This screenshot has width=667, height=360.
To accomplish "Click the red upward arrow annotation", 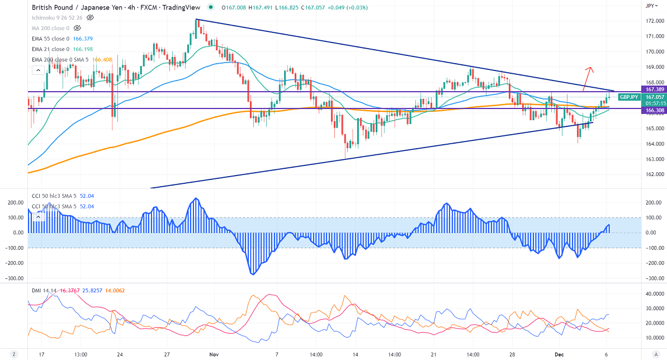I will (x=587, y=78).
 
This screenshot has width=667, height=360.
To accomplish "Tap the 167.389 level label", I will (x=654, y=89).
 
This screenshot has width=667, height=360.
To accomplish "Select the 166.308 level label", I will (x=654, y=111).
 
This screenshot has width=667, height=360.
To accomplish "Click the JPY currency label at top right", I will (x=650, y=6).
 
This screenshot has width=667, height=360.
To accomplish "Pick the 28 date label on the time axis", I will (x=512, y=354).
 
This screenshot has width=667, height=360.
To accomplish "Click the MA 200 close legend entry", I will (x=51, y=27).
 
